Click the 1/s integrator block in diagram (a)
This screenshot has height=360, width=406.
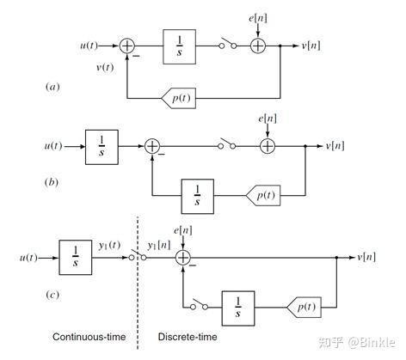coord(180,46)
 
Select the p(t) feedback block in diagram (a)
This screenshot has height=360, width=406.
coord(179,98)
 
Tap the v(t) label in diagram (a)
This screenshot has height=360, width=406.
coord(105,68)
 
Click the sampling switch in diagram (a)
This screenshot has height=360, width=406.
coord(228,44)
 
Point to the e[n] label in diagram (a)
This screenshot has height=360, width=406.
coord(258,18)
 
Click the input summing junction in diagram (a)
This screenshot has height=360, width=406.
coord(126,46)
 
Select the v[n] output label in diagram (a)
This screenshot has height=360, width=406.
coord(311,46)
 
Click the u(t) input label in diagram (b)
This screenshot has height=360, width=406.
coord(53,146)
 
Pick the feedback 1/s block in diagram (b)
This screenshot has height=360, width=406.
coord(197,197)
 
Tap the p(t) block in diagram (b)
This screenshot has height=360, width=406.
coord(263,196)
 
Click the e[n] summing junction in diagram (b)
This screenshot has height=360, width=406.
coord(268,146)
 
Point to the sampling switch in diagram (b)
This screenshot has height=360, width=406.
coord(227,144)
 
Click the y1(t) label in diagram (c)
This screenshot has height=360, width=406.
coord(109,246)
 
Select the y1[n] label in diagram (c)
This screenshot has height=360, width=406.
coord(159,246)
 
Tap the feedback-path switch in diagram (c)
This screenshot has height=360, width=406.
coord(200,305)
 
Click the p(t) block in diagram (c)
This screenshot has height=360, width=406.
coord(304,308)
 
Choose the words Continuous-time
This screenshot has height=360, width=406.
coord(89,337)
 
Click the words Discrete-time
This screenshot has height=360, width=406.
coord(188,337)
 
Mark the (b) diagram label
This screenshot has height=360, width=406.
coord(52,182)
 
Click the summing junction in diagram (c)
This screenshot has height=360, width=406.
coord(183,258)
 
